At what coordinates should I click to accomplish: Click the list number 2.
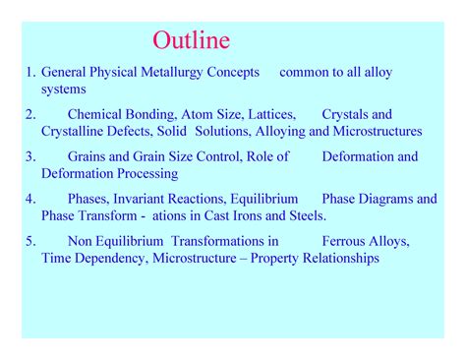click(x=30, y=114)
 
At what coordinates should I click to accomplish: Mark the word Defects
click(x=136, y=131)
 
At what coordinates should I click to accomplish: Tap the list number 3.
click(x=30, y=156)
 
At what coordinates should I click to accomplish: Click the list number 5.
click(x=30, y=241)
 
